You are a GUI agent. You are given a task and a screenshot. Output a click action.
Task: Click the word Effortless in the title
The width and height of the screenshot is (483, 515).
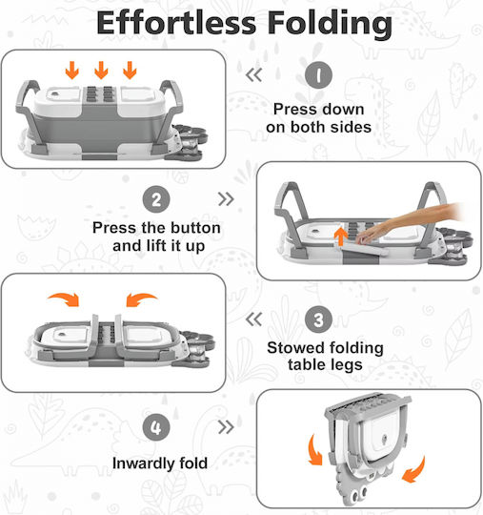tap(176, 22)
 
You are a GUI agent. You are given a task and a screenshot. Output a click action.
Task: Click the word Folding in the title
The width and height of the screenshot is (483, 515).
tap(330, 24)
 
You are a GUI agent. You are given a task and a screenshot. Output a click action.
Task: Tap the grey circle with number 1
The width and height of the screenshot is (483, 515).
tap(318, 75)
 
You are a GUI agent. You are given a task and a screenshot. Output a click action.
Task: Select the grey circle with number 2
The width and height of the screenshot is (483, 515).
tap(156, 199)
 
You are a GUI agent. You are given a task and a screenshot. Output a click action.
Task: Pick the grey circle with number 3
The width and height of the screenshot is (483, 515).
tap(318, 319)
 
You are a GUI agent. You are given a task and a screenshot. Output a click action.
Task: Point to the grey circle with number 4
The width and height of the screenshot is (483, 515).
tap(156, 427)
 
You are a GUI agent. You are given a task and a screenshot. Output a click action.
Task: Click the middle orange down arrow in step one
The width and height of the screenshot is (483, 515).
tap(101, 70)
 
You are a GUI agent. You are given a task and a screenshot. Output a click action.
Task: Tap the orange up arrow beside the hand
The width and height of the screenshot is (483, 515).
tap(341, 237)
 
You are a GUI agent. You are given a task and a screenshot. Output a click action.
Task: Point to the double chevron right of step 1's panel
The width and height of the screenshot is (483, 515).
tap(253, 75)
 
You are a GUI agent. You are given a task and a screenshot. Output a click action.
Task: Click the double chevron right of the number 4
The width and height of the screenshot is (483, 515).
tap(226, 427)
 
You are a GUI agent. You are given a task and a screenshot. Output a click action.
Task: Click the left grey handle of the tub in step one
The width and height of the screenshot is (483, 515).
tap(29, 109)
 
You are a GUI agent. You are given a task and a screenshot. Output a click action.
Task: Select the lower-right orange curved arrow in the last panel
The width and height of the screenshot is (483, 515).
tap(414, 470)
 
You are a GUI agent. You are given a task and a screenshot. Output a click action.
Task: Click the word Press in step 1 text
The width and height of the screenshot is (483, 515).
tap(292, 110)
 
